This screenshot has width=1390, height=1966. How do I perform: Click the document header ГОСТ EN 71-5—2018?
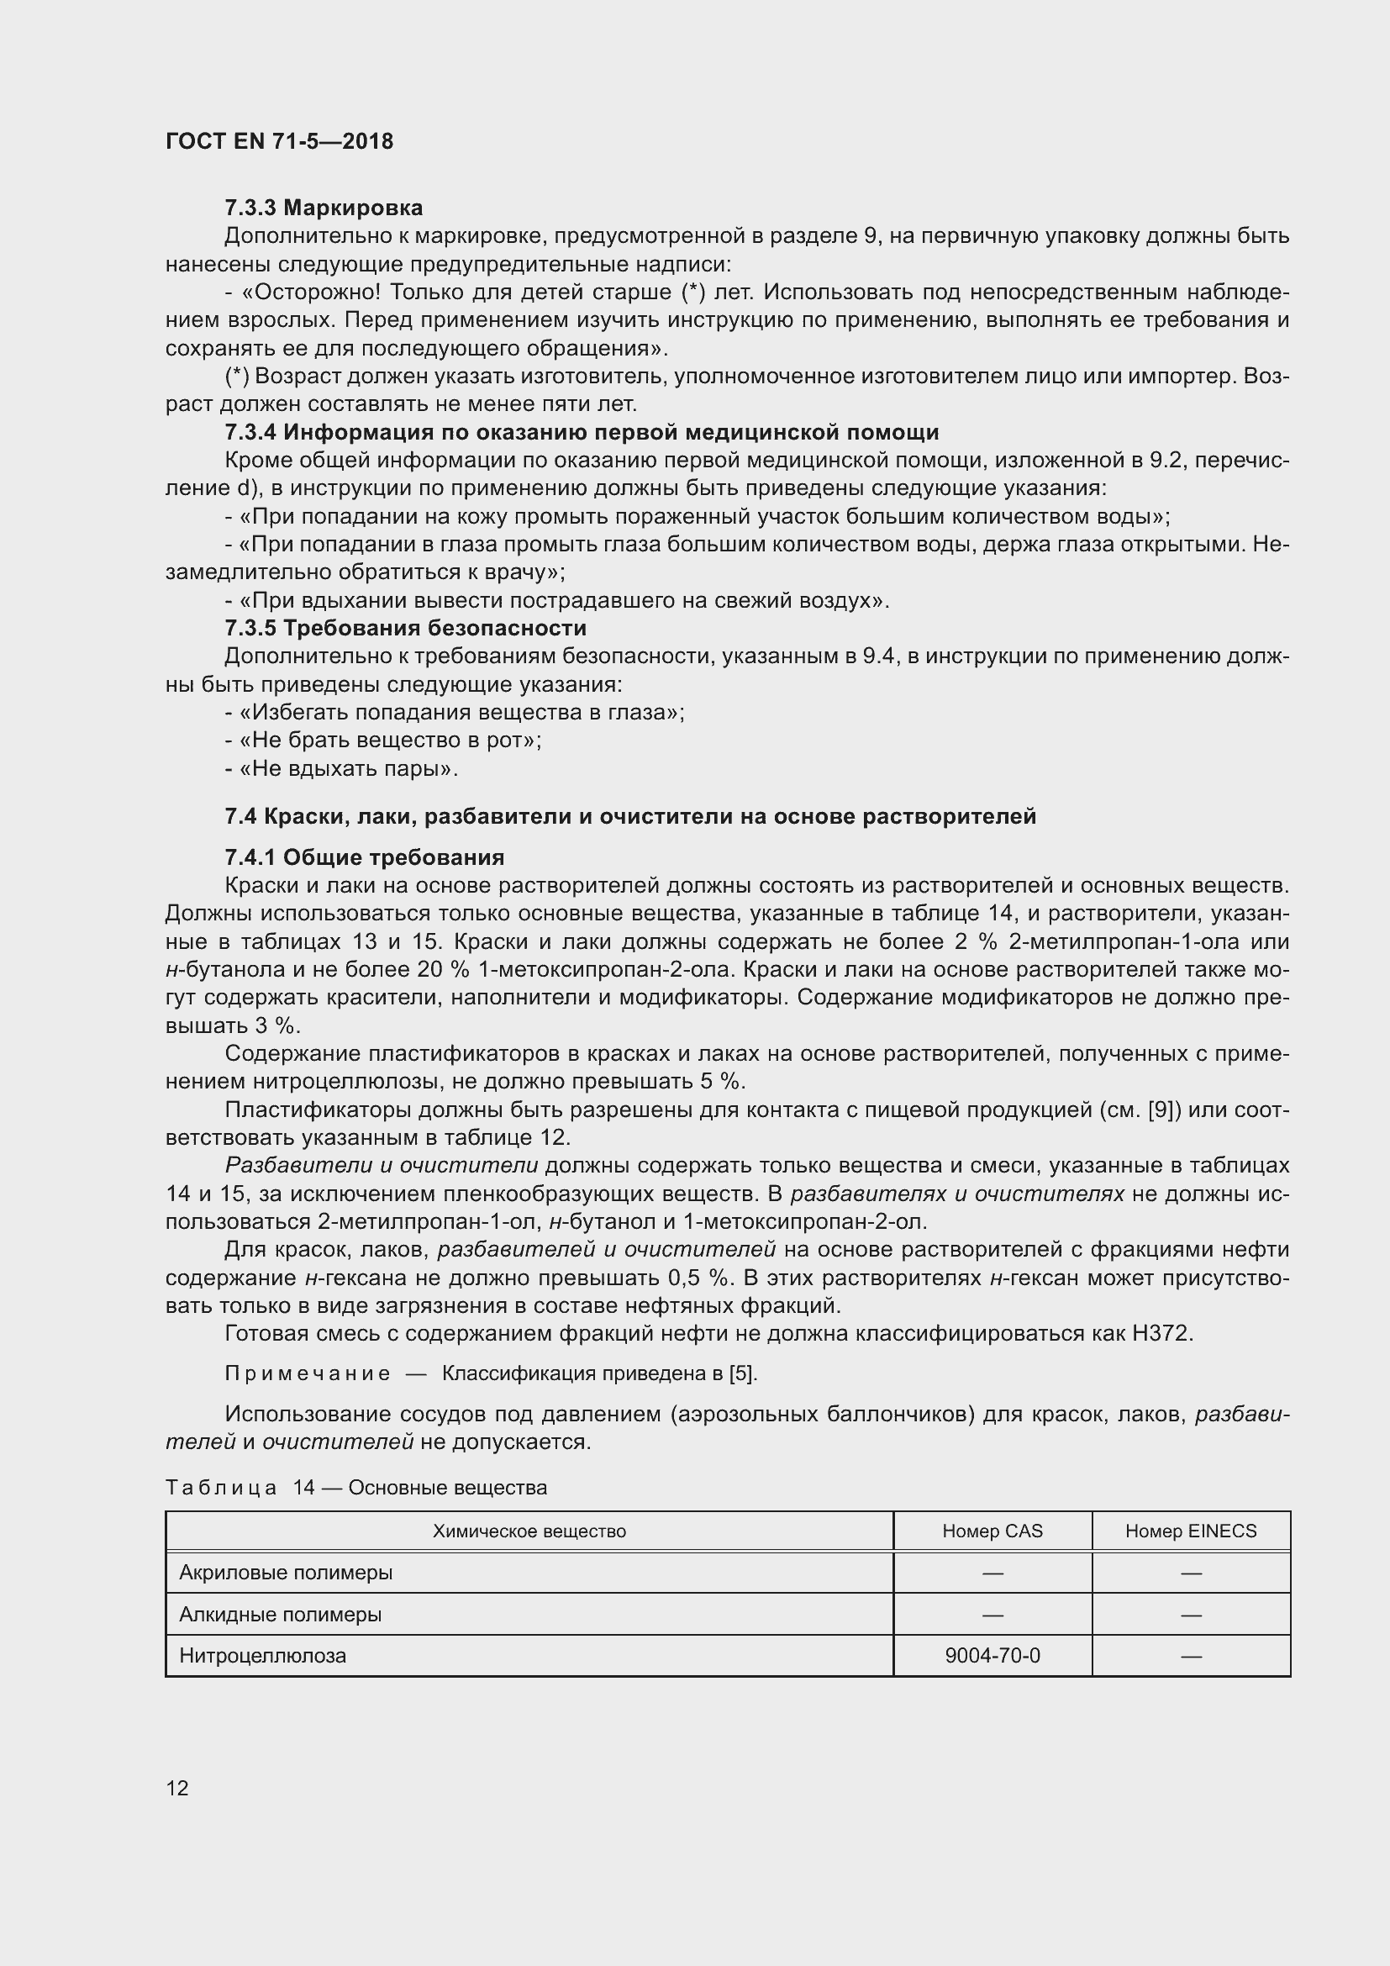point(279,141)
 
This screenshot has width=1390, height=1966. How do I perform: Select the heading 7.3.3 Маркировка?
point(324,208)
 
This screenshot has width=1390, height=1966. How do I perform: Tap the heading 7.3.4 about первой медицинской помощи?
point(582,432)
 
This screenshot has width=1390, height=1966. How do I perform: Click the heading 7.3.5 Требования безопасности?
point(405,629)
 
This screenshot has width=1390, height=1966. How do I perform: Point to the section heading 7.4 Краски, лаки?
point(630,816)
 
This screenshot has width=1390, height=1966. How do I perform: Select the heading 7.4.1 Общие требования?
point(365,857)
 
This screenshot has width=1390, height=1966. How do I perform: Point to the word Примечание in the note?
point(308,1373)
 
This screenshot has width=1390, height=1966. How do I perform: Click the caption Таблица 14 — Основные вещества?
point(356,1488)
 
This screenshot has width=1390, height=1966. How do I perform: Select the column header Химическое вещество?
point(529,1531)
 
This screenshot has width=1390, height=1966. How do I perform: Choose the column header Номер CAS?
point(992,1531)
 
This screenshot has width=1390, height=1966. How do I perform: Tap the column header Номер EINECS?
point(1191,1531)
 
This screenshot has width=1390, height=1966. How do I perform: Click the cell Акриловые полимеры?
point(286,1573)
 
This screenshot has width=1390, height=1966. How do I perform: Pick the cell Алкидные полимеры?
point(280,1615)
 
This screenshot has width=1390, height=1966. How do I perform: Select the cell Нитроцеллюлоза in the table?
point(263,1656)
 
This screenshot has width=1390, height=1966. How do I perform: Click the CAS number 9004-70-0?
point(992,1656)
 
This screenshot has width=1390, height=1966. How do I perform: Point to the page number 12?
point(177,1788)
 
